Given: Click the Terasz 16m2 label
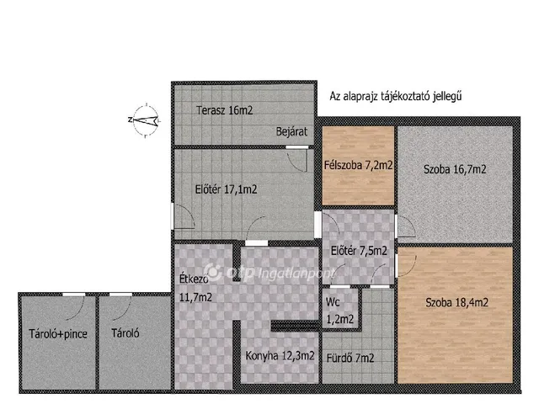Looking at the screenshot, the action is click(225, 110).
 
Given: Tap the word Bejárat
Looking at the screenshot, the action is click(291, 131).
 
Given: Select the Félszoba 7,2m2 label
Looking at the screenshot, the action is click(358, 165).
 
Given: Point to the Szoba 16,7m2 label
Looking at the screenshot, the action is click(455, 169).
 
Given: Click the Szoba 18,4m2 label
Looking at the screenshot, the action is click(456, 303).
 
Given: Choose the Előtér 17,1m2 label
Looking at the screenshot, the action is click(226, 189).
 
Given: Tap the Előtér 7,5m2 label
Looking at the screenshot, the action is click(359, 251).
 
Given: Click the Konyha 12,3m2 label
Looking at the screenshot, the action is click(280, 356).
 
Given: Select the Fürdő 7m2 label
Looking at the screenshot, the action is click(350, 359).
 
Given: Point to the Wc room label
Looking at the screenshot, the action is click(333, 302).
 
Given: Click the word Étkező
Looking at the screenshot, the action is click(194, 279).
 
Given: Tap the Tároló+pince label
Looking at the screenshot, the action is click(58, 334).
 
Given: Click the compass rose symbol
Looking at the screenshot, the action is click(146, 120).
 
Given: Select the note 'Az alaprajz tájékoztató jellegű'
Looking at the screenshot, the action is click(395, 96).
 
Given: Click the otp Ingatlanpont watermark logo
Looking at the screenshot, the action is click(268, 273).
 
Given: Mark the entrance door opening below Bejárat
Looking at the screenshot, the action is click(297, 147).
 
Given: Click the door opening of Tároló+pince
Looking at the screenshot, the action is click(74, 295).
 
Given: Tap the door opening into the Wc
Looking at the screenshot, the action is click(340, 286).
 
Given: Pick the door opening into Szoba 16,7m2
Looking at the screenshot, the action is click(396, 226).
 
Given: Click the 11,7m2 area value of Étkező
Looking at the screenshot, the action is click(195, 297).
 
